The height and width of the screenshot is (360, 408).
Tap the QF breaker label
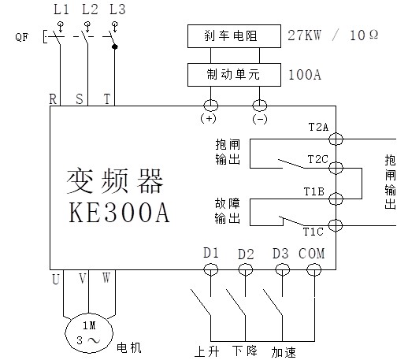tap(21, 37)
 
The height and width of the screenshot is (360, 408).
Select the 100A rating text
tap(305, 75)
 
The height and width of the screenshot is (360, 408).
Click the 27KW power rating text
tap(304, 35)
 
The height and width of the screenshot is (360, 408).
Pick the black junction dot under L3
tap(114, 46)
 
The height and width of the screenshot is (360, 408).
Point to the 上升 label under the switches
tap(206, 351)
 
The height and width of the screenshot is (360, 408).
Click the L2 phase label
tap(90, 9)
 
